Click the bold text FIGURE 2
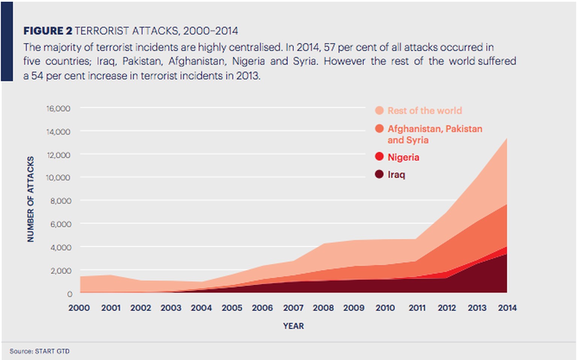point(48,31)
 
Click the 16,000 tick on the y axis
point(58,108)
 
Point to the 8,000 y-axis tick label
point(60,201)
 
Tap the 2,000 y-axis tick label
point(60,271)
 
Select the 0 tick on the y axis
point(69,294)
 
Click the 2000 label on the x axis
point(79,308)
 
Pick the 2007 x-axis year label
point(293,308)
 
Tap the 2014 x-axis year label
point(507,308)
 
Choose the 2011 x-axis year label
point(417,308)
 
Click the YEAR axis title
point(293,326)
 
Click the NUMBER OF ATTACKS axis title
point(30,199)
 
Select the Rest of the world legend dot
point(379,110)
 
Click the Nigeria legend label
point(403,157)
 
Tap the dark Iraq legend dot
point(379,174)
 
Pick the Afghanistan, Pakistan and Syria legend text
point(435,134)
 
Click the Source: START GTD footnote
point(39,351)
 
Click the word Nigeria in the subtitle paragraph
point(248,61)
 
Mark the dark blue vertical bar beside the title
point(7,41)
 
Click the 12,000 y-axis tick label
point(58,155)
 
